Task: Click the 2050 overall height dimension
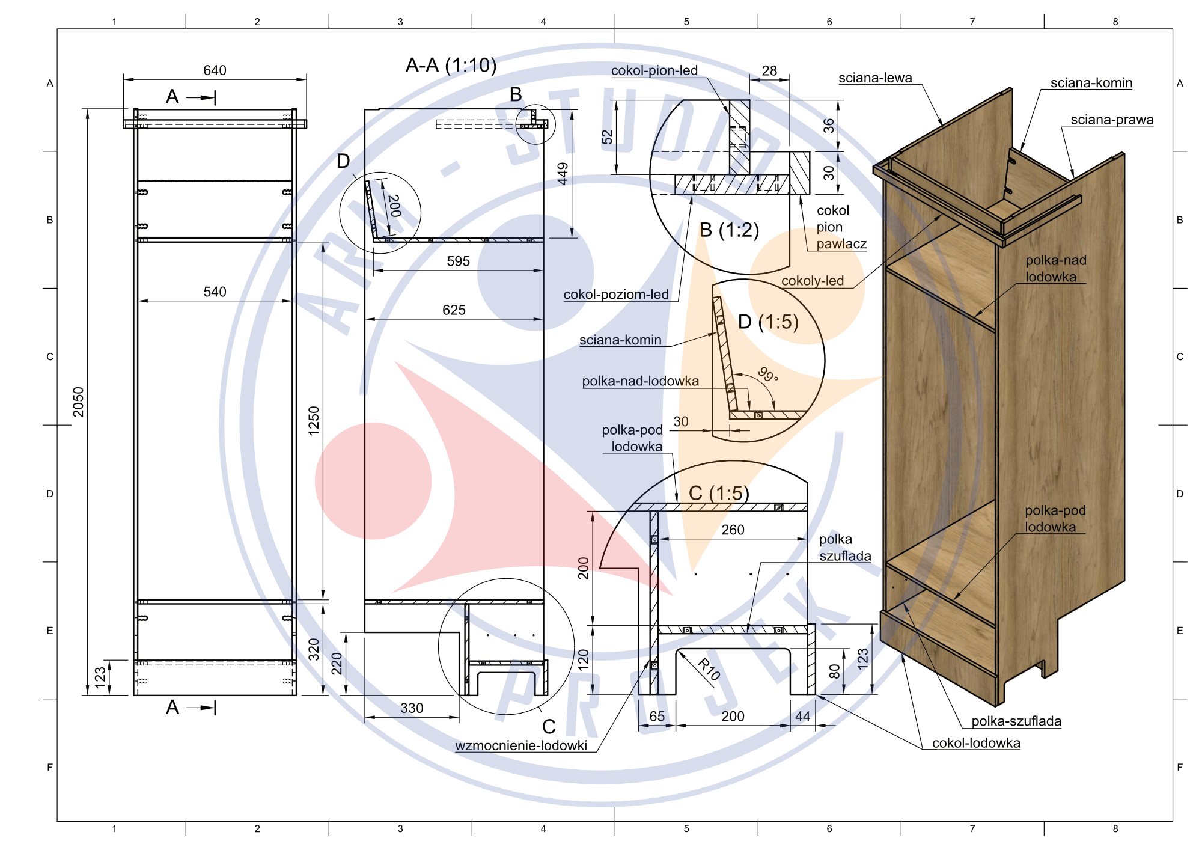point(79,402)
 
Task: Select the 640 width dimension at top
point(215,70)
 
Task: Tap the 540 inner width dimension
point(215,292)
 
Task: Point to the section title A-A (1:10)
point(451,65)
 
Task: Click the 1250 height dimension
point(314,421)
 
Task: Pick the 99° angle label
point(768,375)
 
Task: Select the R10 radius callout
point(709,669)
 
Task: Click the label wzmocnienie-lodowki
point(521,745)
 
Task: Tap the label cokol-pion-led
point(654,70)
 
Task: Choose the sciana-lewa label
point(875,78)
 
